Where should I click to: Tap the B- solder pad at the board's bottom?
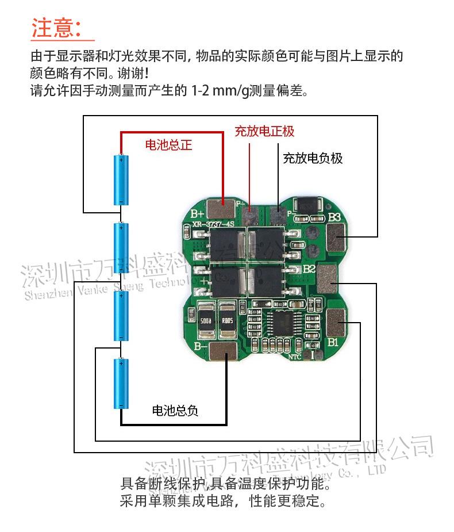click(x=223, y=350)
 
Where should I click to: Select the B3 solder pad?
click(x=336, y=235)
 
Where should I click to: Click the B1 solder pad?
click(x=336, y=320)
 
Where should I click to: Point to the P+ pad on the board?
click(x=250, y=216)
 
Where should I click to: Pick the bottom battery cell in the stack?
click(x=121, y=383)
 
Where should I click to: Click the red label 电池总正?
click(x=168, y=145)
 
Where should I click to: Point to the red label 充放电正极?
click(x=264, y=131)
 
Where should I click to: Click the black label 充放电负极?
click(x=312, y=158)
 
